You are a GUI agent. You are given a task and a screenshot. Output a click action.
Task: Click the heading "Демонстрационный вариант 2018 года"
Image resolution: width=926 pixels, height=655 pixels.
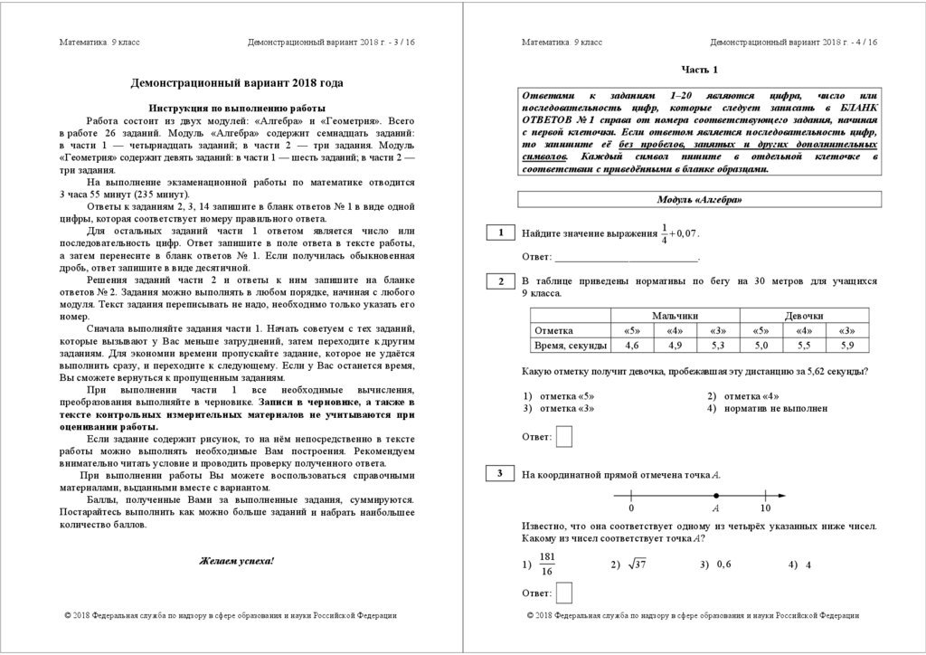(x=237, y=83)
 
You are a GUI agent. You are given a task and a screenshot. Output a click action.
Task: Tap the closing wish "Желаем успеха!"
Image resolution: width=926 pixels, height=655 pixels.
(x=236, y=561)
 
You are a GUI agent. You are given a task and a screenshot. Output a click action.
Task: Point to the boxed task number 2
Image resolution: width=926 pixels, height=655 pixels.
(x=499, y=282)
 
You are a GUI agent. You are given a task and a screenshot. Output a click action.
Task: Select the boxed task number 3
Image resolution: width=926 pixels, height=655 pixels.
(x=499, y=474)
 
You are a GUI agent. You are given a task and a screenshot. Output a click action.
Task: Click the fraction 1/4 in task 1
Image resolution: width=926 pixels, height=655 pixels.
(x=664, y=233)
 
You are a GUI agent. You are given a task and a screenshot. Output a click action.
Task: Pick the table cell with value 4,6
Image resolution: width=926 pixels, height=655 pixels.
(x=632, y=346)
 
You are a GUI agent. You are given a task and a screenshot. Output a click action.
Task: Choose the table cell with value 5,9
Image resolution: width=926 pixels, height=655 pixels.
(x=846, y=346)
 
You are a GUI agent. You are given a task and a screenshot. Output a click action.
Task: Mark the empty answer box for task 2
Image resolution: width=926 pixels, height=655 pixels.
(x=565, y=437)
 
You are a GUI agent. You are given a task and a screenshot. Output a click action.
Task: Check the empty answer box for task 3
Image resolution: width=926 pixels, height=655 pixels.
(x=565, y=592)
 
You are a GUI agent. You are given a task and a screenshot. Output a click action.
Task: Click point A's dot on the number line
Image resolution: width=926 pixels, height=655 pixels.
(x=716, y=495)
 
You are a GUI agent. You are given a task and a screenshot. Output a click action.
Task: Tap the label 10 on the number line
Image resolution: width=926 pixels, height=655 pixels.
(x=765, y=508)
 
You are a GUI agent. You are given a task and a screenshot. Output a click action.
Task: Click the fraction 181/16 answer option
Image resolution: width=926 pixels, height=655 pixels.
(x=546, y=565)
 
